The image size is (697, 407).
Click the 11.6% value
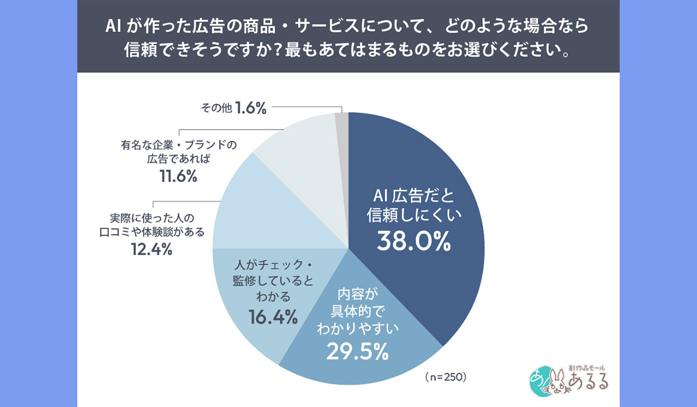[177, 177]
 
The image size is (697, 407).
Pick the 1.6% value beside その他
[251, 108]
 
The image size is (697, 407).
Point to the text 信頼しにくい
[414, 216]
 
